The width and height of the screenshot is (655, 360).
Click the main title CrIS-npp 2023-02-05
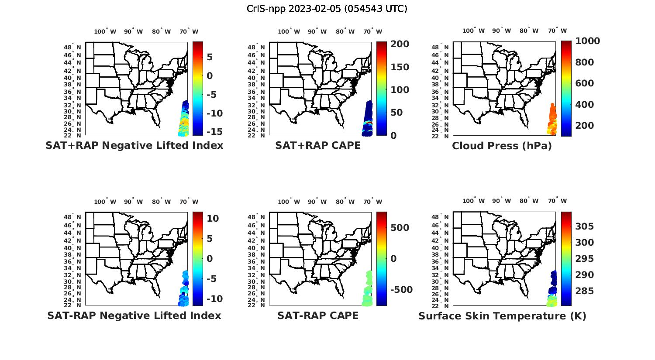pyautogui.click(x=327, y=9)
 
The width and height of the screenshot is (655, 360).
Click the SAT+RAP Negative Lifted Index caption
pyautogui.click(x=134, y=145)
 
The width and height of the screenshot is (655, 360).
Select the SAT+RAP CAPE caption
pyautogui.click(x=318, y=145)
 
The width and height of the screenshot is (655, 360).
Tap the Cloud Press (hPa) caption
pyautogui.click(x=502, y=146)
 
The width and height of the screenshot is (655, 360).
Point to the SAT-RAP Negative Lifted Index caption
pyautogui.click(x=134, y=315)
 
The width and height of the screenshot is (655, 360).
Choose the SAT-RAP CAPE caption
pyautogui.click(x=318, y=315)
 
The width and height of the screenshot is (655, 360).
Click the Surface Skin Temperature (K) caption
pyautogui.click(x=502, y=316)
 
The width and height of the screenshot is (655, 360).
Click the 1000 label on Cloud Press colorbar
pyautogui.click(x=587, y=41)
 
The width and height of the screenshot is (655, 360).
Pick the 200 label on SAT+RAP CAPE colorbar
pyautogui.click(x=400, y=44)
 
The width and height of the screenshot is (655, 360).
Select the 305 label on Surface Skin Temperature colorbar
pyautogui.click(x=584, y=226)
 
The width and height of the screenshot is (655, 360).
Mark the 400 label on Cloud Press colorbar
pyautogui.click(x=584, y=104)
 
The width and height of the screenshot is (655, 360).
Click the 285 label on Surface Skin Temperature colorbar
pyautogui.click(x=584, y=291)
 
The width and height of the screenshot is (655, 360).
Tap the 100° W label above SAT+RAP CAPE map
pyautogui.click(x=289, y=31)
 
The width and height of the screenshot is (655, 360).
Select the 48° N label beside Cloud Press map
pyautogui.click(x=445, y=47)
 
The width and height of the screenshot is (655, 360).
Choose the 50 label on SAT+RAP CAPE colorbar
pyautogui.click(x=396, y=113)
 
